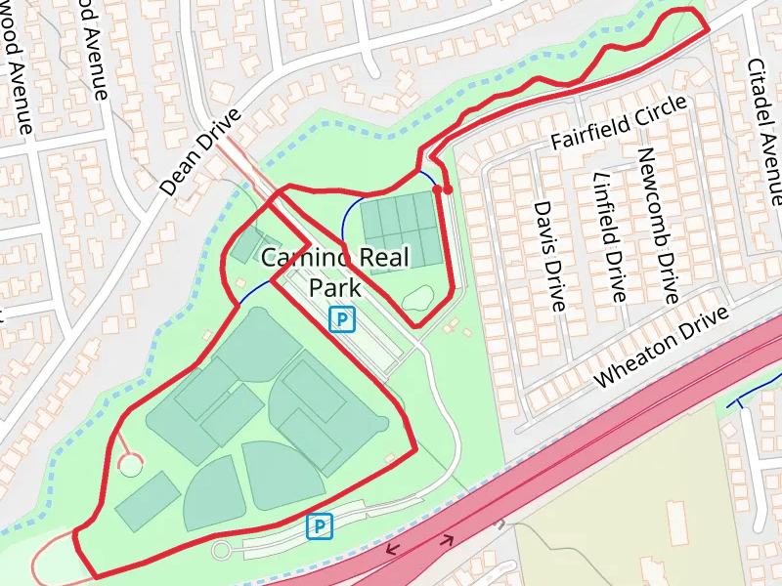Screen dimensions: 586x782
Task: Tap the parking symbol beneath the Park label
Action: pos(341,318)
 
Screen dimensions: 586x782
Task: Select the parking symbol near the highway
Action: pos(320,526)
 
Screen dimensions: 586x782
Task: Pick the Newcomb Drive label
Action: pos(657,225)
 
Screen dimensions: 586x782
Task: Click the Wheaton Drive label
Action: pos(662,347)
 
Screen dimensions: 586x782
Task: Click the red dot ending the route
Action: pos(448,189)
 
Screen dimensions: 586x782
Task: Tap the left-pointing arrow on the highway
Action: pos(393,549)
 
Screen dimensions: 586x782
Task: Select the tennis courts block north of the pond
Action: pos(399,226)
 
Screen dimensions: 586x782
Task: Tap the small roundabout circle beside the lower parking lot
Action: pos(221,550)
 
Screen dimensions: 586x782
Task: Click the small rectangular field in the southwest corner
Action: pos(147,500)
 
